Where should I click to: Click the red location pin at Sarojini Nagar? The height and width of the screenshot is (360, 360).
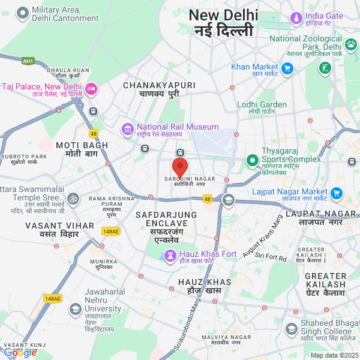(x=180, y=167)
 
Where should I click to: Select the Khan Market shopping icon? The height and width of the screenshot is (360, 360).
(x=287, y=67)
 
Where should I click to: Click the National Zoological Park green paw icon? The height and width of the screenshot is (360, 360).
(x=351, y=43)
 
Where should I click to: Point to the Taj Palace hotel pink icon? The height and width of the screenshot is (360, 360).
(x=91, y=89)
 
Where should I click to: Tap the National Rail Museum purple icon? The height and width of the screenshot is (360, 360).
(x=127, y=128)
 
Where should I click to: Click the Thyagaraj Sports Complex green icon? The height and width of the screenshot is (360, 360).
(x=252, y=161)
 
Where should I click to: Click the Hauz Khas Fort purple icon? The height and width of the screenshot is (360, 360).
(x=170, y=255)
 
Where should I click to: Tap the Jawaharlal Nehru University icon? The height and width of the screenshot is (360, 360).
(x=75, y=310)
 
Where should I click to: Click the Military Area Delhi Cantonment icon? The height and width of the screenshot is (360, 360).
(x=23, y=13)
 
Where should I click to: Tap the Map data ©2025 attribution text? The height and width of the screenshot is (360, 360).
(x=334, y=355)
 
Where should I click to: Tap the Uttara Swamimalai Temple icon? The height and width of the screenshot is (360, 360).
(x=73, y=198)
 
